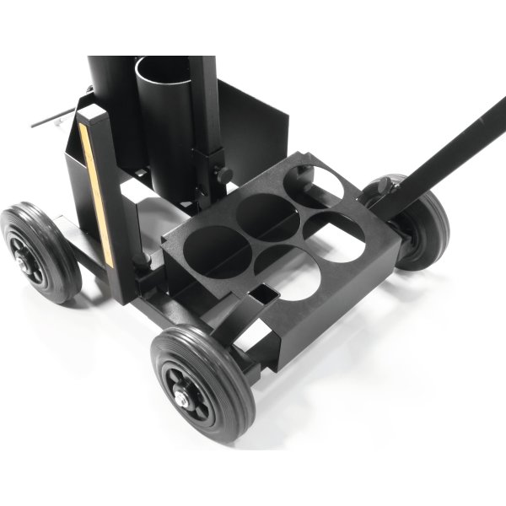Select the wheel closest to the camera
[202, 385]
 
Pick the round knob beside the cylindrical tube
[225, 175]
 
